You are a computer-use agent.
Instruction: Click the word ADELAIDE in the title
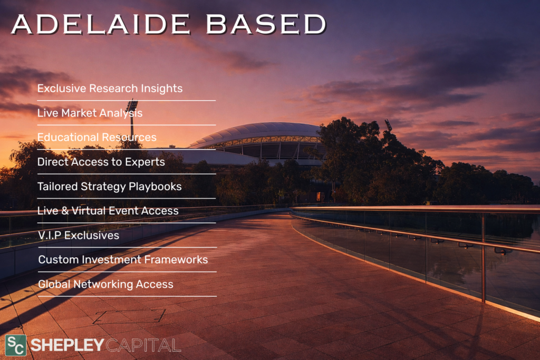(x=101, y=24)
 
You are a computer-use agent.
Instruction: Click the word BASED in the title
(x=266, y=24)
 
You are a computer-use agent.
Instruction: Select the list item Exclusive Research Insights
(x=110, y=89)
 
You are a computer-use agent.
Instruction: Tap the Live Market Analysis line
(x=90, y=113)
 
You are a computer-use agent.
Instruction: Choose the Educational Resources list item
(x=97, y=138)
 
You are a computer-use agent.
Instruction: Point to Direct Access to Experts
(x=101, y=162)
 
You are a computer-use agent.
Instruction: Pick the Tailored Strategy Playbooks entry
(x=109, y=187)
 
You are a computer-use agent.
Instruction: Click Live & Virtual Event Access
(x=108, y=211)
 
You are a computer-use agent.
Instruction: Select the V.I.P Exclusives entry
(x=79, y=236)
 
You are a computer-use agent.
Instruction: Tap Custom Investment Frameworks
(x=123, y=259)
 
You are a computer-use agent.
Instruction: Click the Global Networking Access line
(x=105, y=284)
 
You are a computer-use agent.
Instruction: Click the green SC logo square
(x=15, y=345)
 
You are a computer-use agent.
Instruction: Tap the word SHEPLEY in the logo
(x=67, y=345)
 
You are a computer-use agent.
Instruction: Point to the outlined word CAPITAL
(x=143, y=345)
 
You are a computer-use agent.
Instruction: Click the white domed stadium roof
(x=257, y=133)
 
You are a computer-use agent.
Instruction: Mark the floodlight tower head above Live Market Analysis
(x=132, y=105)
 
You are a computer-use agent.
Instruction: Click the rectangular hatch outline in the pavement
(x=130, y=316)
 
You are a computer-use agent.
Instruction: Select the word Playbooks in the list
(x=155, y=187)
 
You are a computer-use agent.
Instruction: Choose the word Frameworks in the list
(x=176, y=259)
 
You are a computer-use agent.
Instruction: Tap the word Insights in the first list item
(x=161, y=89)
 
